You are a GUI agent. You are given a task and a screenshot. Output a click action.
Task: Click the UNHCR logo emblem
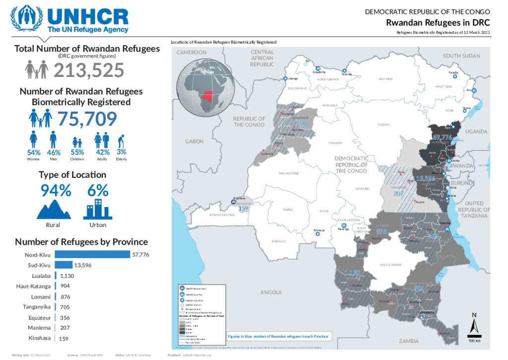pyautogui.click(x=27, y=18)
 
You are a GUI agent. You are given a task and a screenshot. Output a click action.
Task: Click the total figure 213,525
pyautogui.click(x=88, y=71)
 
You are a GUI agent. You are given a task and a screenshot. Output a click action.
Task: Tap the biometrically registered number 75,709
pyautogui.click(x=87, y=119)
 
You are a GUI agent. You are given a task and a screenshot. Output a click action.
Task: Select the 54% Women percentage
pyautogui.click(x=34, y=152)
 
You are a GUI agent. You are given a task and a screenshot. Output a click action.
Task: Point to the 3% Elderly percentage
pyautogui.click(x=121, y=152)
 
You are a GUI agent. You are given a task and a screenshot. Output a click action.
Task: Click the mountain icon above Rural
pyautogui.click(x=54, y=209)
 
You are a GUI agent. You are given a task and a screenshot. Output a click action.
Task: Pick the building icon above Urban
pyautogui.click(x=97, y=209)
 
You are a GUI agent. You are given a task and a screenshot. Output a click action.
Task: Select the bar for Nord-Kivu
pyautogui.click(x=92, y=254)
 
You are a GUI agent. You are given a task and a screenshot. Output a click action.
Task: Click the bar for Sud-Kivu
pyautogui.click(x=63, y=265)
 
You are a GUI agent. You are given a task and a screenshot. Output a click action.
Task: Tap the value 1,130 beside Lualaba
pyautogui.click(x=67, y=276)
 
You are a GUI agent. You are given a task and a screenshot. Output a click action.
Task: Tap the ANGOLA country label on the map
pyautogui.click(x=271, y=292)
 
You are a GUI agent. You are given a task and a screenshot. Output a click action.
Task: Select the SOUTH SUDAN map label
pyautogui.click(x=461, y=56)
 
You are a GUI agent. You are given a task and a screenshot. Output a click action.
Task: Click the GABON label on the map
pyautogui.click(x=194, y=142)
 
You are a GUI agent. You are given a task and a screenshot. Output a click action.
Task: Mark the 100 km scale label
pyautogui.click(x=475, y=341)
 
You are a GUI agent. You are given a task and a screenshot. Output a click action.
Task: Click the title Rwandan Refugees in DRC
pyautogui.click(x=438, y=23)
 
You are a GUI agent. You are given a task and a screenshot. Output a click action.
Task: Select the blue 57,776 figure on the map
pyautogui.click(x=442, y=137)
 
